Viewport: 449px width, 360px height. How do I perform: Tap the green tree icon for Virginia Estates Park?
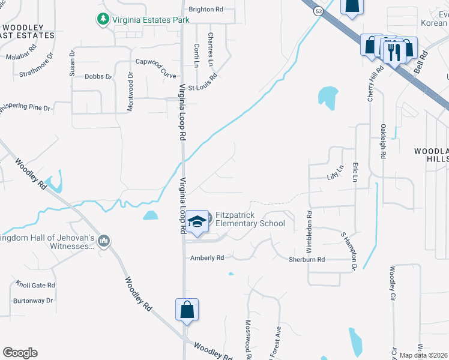[x=103, y=20]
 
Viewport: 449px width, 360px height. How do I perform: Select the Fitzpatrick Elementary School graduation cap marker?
[x=197, y=222]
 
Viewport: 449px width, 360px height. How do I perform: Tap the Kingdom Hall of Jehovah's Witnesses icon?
[x=104, y=241]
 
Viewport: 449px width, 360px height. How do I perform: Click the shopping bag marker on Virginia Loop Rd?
[x=187, y=310]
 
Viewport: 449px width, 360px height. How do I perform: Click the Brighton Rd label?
[x=206, y=10]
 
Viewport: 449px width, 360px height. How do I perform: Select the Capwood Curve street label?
[x=155, y=66]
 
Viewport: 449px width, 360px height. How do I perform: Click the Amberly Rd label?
[x=207, y=258]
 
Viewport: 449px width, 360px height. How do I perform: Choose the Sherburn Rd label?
[x=307, y=260]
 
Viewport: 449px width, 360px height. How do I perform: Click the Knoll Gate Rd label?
[x=35, y=286]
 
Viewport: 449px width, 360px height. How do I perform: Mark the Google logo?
[x=20, y=352]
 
